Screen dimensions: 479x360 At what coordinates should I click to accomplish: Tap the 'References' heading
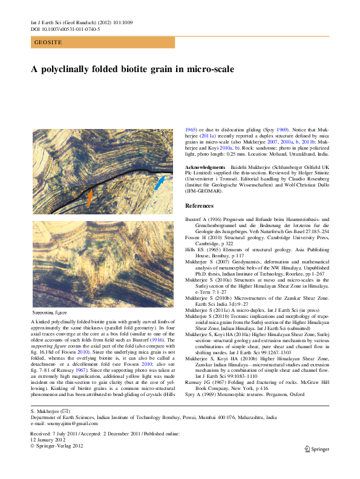click(200, 206)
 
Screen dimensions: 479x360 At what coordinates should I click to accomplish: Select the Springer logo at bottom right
click(317, 449)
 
